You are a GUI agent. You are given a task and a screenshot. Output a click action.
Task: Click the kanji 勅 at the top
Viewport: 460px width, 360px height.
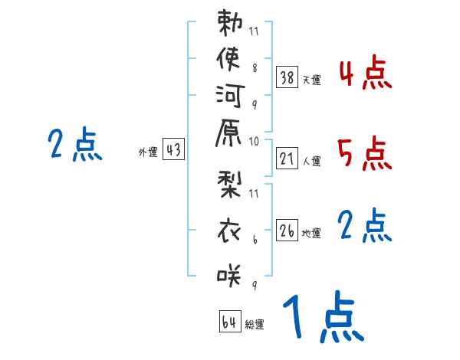coord(228,25)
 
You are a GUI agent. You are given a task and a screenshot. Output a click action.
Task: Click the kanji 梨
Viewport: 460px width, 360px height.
coord(228,188)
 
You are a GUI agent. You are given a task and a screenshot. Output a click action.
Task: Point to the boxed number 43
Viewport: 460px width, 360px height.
coord(173,151)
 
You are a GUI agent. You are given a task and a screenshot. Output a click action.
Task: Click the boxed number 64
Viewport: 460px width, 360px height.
coord(229,322)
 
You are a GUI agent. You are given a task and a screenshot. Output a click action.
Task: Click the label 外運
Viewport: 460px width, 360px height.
coord(148,153)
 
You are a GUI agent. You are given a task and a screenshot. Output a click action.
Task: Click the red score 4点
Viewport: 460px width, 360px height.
coord(365,76)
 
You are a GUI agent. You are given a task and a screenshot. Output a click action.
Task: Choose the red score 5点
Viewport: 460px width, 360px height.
coord(365,155)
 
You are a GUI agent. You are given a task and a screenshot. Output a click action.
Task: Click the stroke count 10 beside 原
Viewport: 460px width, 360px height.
coord(254,141)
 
